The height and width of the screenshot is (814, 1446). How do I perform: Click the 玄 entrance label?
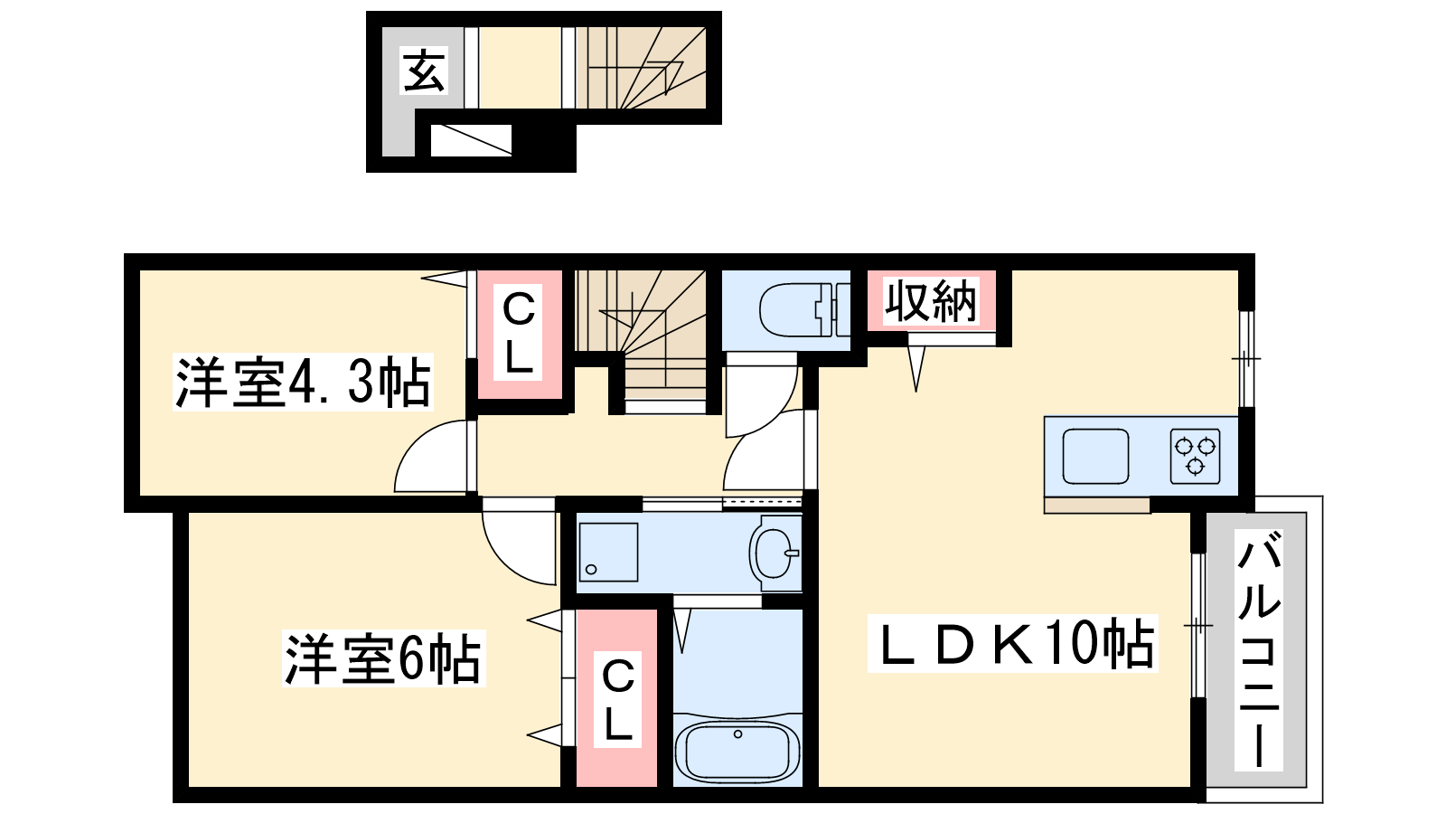(424, 71)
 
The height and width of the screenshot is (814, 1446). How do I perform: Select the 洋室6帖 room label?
(383, 658)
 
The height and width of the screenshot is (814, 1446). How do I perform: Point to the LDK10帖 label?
(1013, 643)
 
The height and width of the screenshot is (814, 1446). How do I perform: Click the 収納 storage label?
(930, 301)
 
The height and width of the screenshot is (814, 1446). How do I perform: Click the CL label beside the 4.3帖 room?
(519, 334)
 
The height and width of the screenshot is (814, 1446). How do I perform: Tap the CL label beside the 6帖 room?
(618, 700)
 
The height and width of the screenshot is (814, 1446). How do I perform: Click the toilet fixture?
(804, 310)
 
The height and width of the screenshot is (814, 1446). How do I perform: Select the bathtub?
(737, 753)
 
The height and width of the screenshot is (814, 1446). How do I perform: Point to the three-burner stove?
(1195, 456)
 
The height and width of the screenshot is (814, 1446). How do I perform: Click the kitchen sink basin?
(1095, 456)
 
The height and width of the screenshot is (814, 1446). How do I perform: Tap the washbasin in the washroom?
(775, 553)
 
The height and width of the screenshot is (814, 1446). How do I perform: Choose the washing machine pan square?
(608, 553)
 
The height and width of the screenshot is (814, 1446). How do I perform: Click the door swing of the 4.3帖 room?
(433, 456)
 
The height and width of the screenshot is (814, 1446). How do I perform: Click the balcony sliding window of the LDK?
(1197, 625)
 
